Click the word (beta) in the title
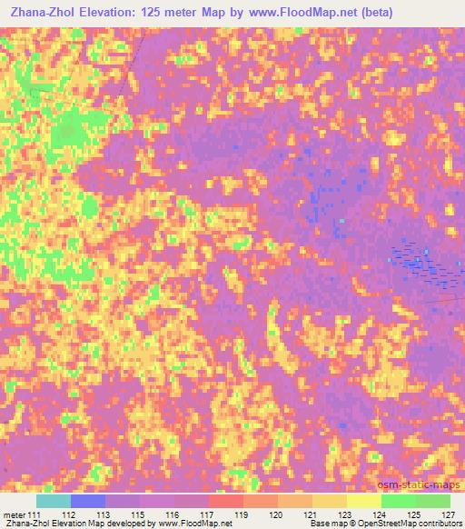[437, 13]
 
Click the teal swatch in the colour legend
[54, 501]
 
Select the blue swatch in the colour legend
[88, 501]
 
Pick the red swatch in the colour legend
[226, 501]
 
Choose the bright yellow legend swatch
[364, 501]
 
